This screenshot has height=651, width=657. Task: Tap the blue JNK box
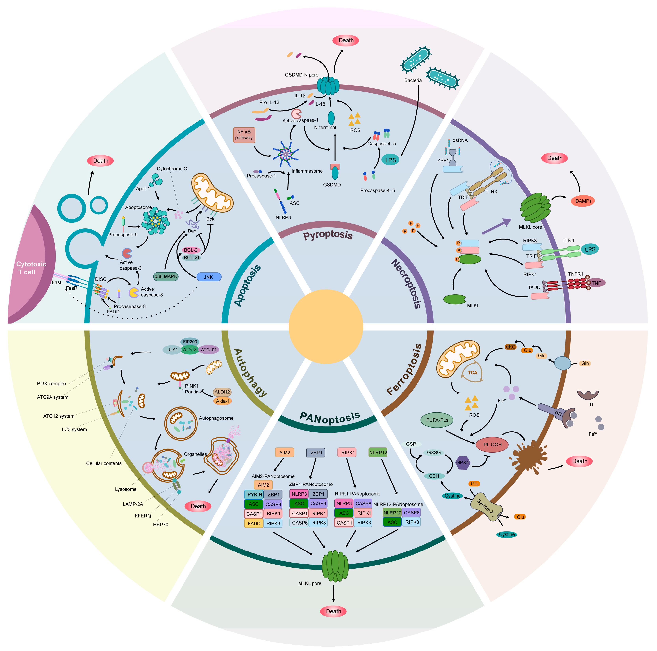click(x=209, y=277)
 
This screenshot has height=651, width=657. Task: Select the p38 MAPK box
click(x=166, y=276)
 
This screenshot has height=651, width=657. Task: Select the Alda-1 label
click(x=223, y=401)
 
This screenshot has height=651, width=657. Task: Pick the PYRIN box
click(x=254, y=494)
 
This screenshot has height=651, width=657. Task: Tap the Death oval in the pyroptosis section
click(x=346, y=40)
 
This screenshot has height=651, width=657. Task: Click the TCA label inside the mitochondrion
click(x=472, y=373)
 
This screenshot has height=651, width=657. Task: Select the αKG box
click(x=510, y=347)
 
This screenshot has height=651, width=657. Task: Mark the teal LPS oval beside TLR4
click(x=590, y=249)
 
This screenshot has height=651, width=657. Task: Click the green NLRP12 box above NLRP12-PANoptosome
click(x=378, y=453)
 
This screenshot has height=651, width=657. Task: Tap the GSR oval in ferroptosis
click(x=411, y=444)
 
